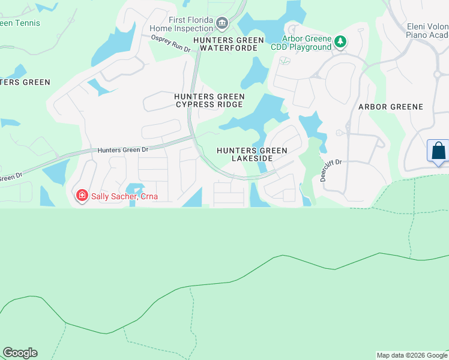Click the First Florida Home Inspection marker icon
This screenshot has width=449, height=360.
[221, 23]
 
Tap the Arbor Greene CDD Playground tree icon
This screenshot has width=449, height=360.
[340, 42]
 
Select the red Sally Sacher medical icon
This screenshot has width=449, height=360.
[82, 196]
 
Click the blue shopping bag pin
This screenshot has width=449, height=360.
[438, 150]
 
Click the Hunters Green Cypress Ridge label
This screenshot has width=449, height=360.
[209, 100]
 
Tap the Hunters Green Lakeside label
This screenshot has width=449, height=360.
[252, 154]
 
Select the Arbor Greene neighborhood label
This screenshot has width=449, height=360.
[390, 107]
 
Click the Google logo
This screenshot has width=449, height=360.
[20, 353]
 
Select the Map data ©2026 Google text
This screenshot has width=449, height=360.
[412, 355]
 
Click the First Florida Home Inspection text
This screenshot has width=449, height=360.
[191, 23]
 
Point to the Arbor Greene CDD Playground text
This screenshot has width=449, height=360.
[307, 43]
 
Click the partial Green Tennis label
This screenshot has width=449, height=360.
[20, 23]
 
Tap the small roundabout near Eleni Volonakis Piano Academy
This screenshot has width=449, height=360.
[437, 74]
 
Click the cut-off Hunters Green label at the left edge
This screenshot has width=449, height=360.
[25, 82]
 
